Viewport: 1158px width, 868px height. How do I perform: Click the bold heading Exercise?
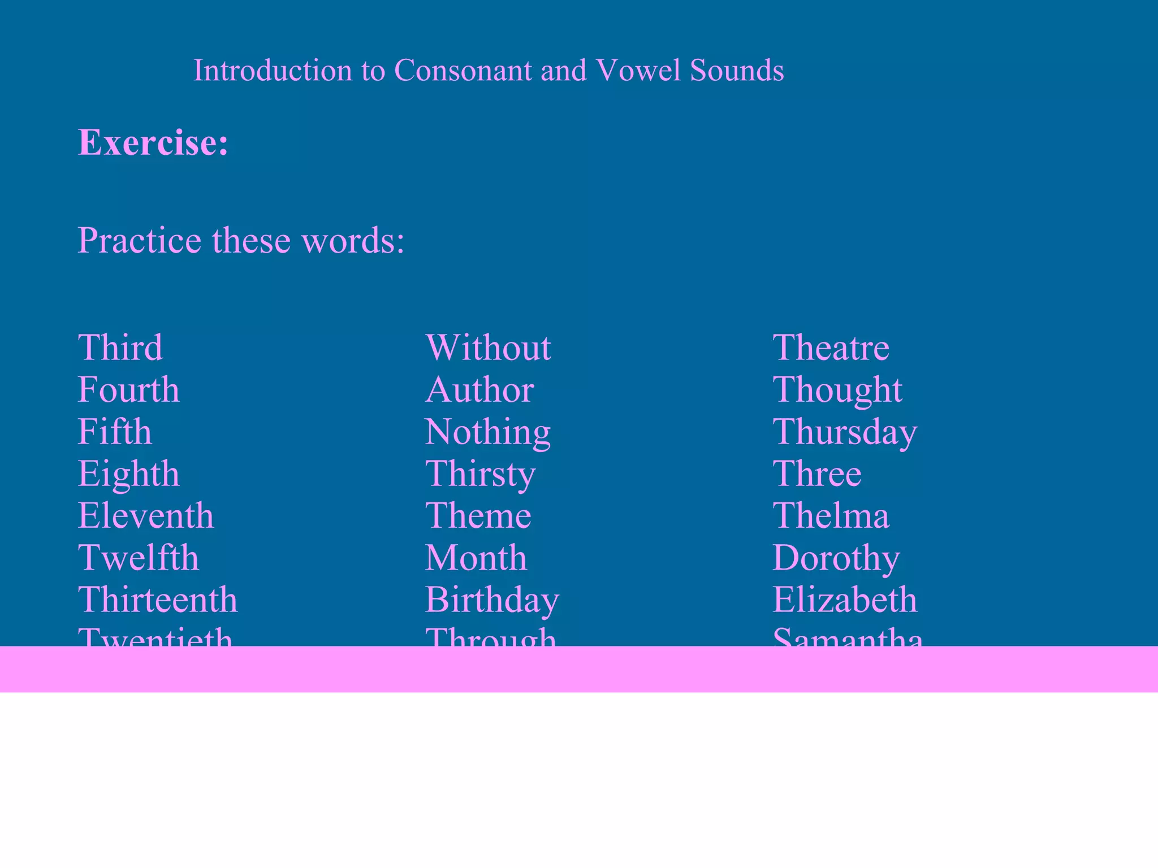click(x=153, y=142)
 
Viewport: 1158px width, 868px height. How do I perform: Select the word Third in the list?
click(x=120, y=347)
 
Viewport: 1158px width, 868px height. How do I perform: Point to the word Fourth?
click(x=129, y=389)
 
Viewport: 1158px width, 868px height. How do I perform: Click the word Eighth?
click(x=129, y=474)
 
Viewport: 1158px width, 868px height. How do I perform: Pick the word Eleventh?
click(x=146, y=515)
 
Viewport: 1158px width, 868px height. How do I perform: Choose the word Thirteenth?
click(x=158, y=600)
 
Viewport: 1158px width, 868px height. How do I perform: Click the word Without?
click(x=488, y=347)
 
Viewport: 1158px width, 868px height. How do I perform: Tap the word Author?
click(x=479, y=389)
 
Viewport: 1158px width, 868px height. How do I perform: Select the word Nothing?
click(x=488, y=432)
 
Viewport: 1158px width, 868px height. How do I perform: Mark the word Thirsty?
click(x=480, y=474)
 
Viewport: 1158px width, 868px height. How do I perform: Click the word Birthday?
click(x=492, y=600)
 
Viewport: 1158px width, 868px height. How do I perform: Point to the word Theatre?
click(x=831, y=347)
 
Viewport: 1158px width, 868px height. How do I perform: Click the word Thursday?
click(x=845, y=432)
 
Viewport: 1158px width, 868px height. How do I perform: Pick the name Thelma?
click(x=831, y=515)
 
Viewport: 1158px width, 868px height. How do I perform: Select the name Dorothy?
click(x=836, y=558)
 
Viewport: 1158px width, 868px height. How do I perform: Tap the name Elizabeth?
click(x=845, y=600)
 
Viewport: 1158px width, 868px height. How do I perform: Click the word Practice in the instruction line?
click(x=139, y=240)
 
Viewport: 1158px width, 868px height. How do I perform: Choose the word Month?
click(x=476, y=558)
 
